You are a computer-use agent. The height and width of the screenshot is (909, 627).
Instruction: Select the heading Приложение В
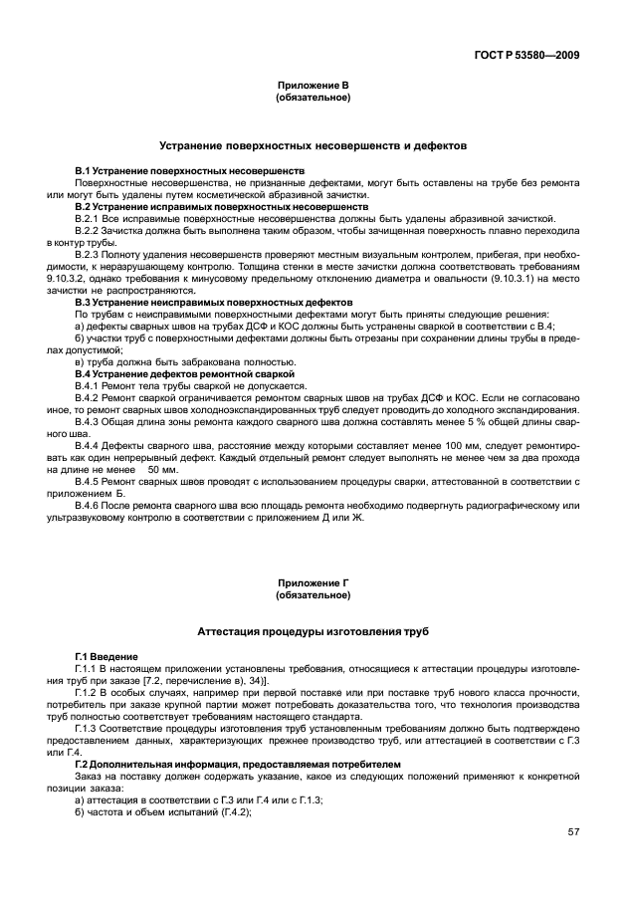point(313,87)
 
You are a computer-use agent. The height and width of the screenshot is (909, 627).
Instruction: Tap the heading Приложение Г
point(313,584)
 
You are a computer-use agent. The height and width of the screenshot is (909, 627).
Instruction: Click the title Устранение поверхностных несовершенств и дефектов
point(313,145)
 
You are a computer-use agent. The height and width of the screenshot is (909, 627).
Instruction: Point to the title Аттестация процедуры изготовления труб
point(313,631)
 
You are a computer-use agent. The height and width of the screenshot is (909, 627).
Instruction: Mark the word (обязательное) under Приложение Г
point(313,595)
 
